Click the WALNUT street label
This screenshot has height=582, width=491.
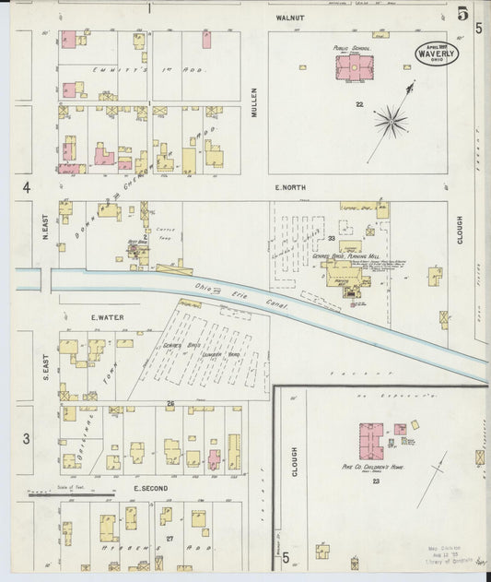288,18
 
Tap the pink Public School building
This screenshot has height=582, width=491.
354,68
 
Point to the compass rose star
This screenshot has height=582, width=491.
390,119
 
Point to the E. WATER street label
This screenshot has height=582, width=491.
107,317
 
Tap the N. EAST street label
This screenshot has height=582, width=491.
44,224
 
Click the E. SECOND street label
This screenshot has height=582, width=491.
148,487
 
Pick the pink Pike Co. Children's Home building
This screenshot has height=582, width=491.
371,441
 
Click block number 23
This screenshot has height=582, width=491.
376,481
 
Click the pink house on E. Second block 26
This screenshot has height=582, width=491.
214,457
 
